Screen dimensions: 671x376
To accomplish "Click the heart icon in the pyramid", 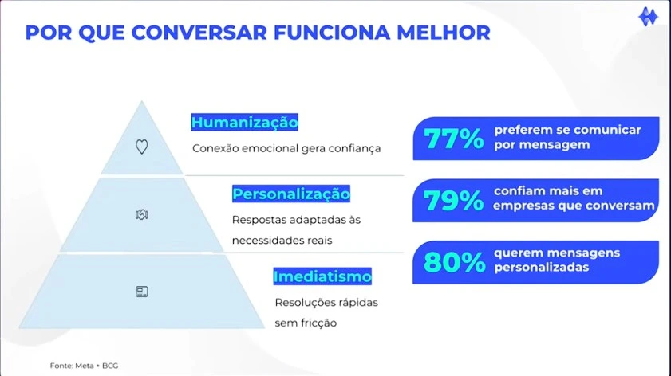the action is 142,147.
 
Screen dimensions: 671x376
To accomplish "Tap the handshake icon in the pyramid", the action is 142,214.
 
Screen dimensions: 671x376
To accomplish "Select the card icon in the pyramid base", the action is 142,292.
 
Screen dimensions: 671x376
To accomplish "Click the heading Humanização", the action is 244,123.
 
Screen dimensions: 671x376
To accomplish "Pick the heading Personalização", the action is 291,194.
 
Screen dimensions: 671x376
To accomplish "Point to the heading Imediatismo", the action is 322,276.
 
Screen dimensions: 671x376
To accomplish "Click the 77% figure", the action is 454,139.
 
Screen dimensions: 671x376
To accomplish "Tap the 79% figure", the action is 454,201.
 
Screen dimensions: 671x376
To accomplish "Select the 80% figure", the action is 455,262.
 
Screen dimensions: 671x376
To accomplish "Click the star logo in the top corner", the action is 648,17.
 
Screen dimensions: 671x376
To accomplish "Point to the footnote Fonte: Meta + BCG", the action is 84,366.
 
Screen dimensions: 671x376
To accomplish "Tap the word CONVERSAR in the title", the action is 199,33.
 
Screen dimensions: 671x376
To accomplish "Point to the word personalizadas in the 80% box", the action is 542,268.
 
